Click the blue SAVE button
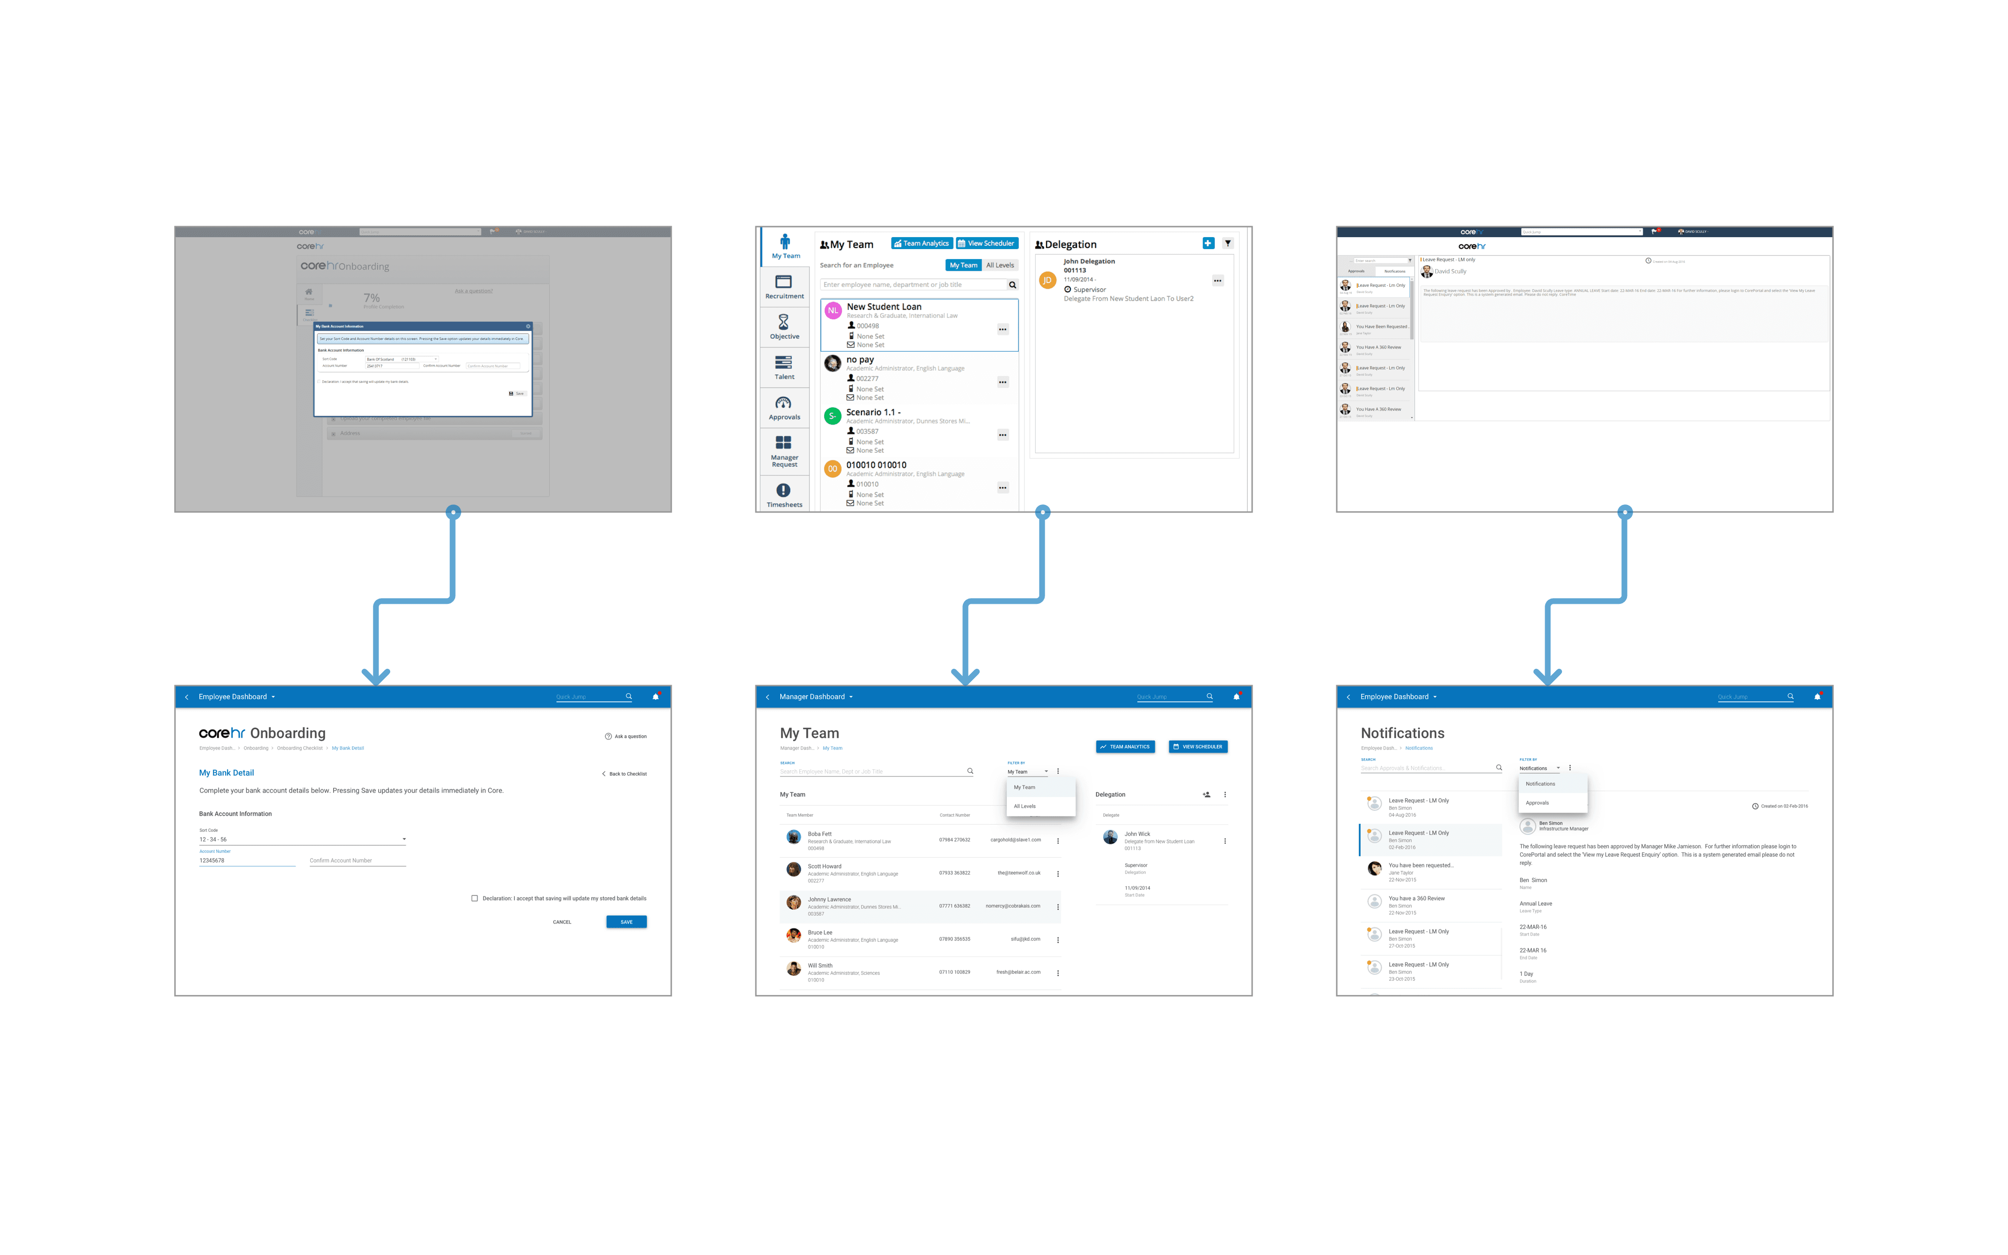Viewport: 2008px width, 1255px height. point(626,921)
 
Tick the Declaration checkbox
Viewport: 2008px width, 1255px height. point(475,898)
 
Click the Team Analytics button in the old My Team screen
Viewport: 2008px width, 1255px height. point(921,243)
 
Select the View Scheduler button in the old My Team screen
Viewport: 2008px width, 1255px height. point(986,243)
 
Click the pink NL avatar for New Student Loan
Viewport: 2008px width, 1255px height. point(832,310)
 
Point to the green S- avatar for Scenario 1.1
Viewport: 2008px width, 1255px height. point(832,416)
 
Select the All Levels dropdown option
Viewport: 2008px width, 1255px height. point(1025,806)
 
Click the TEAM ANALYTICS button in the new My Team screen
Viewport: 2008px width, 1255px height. point(1125,746)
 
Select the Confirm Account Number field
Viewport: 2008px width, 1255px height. point(357,861)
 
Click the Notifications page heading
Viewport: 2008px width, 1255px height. point(1402,733)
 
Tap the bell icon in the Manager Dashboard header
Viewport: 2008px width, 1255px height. point(1236,697)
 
